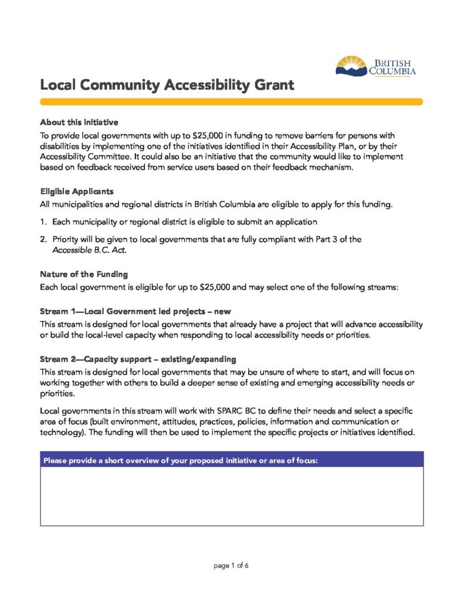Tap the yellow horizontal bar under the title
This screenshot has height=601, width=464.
[231, 102]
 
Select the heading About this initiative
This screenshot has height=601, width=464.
[79, 122]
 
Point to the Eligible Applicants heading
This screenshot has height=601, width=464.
[77, 191]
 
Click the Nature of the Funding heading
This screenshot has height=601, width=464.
[84, 274]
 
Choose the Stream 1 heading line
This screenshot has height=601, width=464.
[138, 310]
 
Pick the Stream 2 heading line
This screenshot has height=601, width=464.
[138, 359]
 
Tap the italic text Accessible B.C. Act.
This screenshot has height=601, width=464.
[89, 250]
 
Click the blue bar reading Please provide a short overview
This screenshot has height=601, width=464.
[231, 460]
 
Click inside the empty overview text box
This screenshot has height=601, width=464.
[231, 497]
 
